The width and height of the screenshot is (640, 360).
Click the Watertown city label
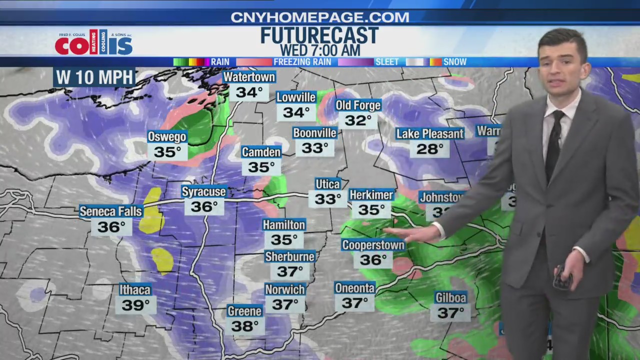pos(249,77)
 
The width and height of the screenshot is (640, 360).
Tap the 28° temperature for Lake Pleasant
pos(429,149)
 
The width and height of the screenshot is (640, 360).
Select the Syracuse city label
pos(204,192)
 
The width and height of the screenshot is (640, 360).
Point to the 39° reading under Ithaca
pos(135,304)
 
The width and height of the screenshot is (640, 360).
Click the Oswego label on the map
pos(167,137)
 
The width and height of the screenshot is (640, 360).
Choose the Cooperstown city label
pos(373,245)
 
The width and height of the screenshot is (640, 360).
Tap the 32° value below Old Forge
pos(358,120)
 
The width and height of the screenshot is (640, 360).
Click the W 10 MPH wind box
pos(94,77)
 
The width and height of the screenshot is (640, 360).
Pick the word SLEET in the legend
pos(387,62)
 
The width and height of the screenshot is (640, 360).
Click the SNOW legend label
pos(455,62)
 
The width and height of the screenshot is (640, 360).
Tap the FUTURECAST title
pos(319,35)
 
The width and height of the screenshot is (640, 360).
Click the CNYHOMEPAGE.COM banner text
pos(320,17)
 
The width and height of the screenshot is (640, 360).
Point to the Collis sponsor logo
pos(94,43)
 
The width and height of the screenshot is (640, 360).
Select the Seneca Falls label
pos(111,211)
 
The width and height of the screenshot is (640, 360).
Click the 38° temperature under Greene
pos(244,326)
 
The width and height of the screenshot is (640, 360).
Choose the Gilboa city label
pos(450,298)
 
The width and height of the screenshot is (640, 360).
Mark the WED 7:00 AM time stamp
pos(319,50)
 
